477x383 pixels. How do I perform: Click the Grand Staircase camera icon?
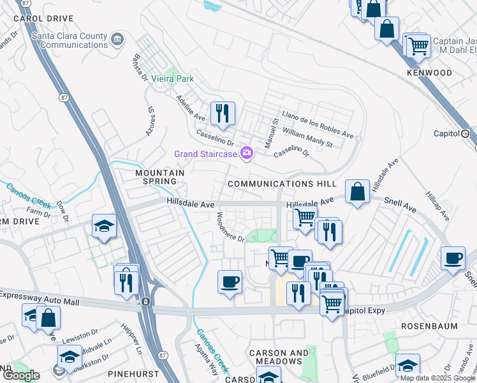247,153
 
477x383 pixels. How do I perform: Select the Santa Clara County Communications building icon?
117,40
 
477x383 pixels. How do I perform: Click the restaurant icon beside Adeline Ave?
223,114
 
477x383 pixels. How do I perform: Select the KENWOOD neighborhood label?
429,73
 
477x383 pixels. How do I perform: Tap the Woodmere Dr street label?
231,227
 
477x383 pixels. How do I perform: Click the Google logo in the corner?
21,375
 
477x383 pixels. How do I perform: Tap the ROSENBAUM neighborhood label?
429,326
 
